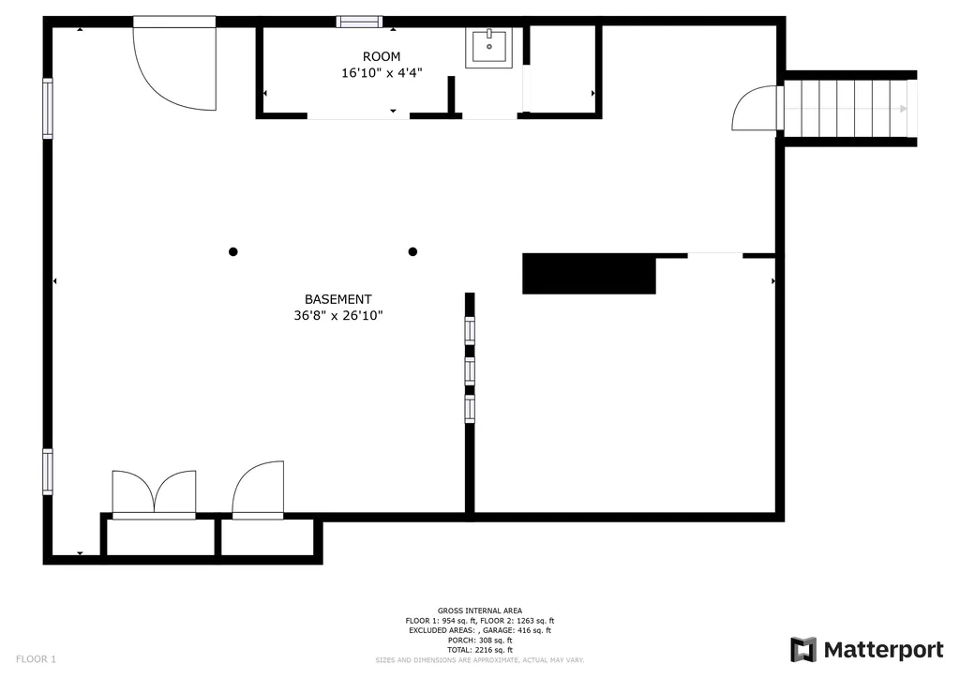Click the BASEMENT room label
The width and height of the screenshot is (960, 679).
point(337,299)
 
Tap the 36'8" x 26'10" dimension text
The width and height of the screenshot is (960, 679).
point(337,315)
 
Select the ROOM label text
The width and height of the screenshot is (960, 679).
point(382,57)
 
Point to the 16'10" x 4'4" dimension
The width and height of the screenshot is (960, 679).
point(382,73)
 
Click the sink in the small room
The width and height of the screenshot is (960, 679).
point(488,48)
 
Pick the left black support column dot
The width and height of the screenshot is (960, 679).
point(233,251)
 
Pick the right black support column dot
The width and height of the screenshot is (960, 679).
point(412,251)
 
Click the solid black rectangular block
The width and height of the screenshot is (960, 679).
point(589,274)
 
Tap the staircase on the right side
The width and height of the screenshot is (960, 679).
point(850,109)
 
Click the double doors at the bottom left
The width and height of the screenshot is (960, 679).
point(155,494)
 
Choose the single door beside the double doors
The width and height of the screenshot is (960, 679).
point(258,490)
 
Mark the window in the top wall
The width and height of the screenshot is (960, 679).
point(359,23)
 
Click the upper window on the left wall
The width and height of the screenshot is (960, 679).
point(47,109)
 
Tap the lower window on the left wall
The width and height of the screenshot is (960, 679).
point(47,472)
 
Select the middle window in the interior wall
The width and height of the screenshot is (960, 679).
point(470,371)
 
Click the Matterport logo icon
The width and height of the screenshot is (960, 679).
point(803,650)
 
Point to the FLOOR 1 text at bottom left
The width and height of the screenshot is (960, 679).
point(37,659)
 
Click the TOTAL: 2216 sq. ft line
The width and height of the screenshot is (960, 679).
point(480,650)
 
